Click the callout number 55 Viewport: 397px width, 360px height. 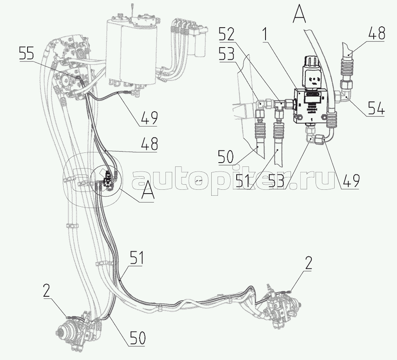[28, 54]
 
